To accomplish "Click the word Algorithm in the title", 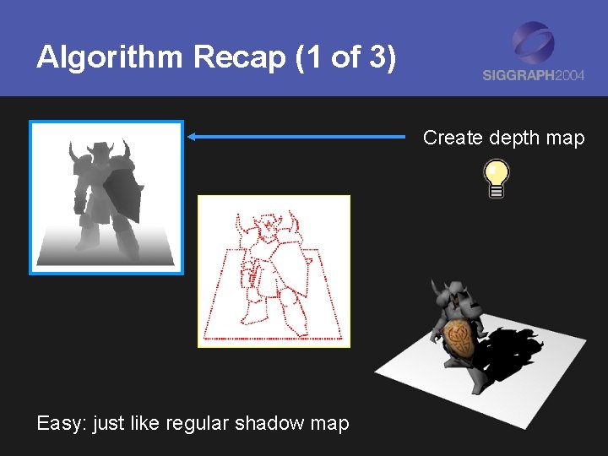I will [x=111, y=58].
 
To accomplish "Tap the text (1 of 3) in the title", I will [x=342, y=58].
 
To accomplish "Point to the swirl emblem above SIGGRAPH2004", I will [x=534, y=42].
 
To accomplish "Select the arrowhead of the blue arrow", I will [x=193, y=136].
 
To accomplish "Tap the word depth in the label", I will [x=511, y=138].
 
